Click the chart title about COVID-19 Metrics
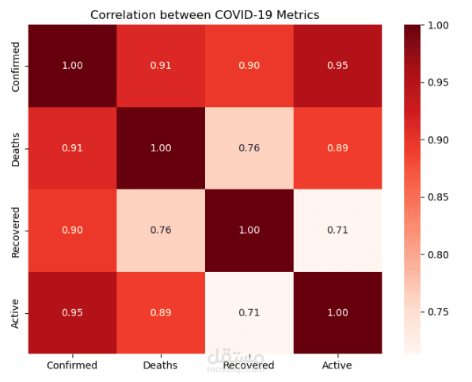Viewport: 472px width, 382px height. click(205, 15)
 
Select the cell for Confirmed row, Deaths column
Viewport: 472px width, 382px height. click(161, 65)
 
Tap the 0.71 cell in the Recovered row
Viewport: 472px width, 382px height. click(337, 230)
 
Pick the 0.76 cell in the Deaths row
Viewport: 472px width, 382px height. click(249, 147)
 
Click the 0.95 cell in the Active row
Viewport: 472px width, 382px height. click(72, 312)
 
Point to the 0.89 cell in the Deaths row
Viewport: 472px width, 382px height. click(337, 147)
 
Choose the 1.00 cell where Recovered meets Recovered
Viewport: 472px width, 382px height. click(249, 230)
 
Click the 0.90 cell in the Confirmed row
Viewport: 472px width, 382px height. click(249, 65)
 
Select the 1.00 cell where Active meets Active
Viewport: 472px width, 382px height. click(337, 312)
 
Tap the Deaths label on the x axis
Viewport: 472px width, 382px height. click(161, 365)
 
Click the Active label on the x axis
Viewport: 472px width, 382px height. click(337, 365)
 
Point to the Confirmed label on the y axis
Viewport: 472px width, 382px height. click(17, 66)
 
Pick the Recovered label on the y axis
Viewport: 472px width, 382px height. click(17, 231)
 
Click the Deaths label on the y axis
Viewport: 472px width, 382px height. click(17, 148)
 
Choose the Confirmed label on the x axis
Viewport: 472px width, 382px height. click(72, 365)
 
